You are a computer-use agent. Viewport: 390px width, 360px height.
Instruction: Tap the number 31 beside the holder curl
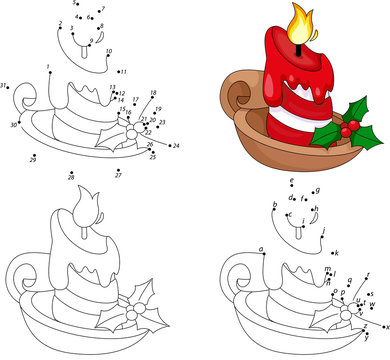(5, 86)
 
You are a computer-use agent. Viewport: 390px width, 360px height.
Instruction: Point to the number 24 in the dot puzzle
(177, 146)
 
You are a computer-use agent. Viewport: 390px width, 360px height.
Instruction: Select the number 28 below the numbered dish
(70, 176)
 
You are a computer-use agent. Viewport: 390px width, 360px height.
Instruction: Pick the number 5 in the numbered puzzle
(74, 4)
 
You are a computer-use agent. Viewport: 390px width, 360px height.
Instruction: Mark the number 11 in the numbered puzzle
(124, 72)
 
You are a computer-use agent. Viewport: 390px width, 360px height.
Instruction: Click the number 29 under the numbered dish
(33, 160)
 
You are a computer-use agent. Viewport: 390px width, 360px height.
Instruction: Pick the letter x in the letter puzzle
(385, 327)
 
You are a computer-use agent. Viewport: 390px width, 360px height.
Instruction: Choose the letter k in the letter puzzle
(341, 253)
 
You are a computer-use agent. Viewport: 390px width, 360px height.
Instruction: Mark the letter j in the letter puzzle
(324, 230)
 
